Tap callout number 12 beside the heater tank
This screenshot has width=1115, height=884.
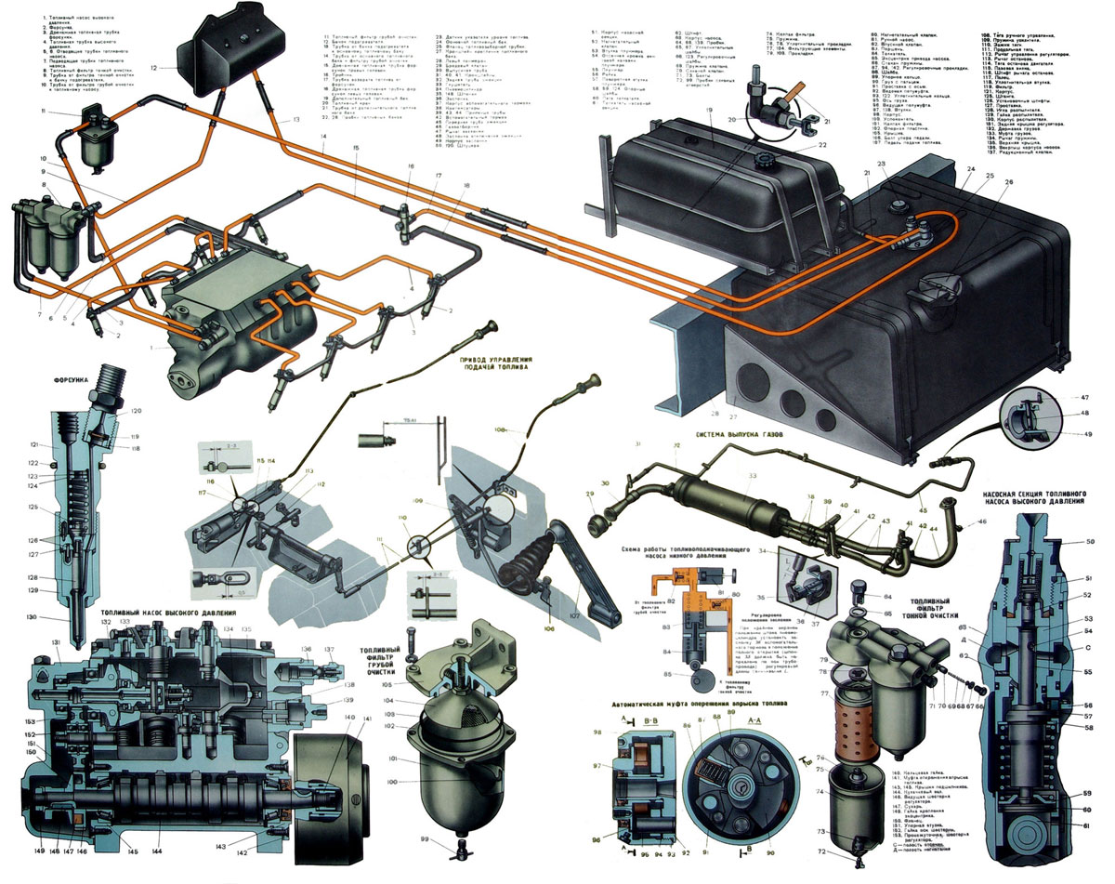pos(154,68)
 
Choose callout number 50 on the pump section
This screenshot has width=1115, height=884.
pos(1091,542)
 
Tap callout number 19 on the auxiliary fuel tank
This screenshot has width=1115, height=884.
pos(709,111)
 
